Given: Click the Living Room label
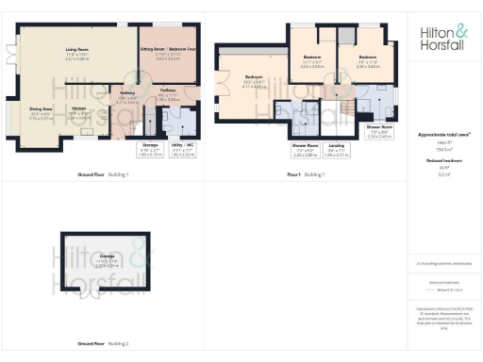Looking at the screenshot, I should click(77, 51).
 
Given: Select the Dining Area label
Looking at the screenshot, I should click(40, 116).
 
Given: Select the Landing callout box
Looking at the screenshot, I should click(335, 149).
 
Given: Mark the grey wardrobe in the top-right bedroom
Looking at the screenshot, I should click(345, 36).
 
